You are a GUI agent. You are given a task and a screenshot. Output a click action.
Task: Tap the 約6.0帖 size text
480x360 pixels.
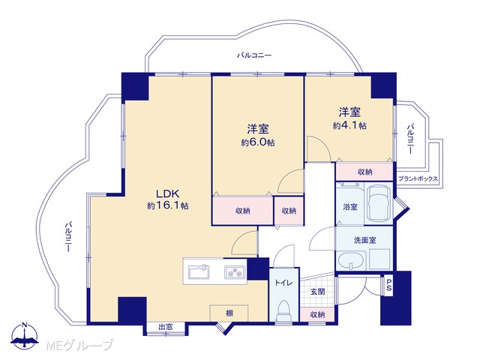258,142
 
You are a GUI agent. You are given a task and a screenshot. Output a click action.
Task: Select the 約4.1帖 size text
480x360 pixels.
349,125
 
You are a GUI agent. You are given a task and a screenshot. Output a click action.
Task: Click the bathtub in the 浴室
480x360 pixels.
379,203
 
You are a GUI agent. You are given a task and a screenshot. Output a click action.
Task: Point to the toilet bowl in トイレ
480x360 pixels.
283,310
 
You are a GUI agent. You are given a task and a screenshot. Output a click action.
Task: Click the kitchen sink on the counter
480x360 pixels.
199,271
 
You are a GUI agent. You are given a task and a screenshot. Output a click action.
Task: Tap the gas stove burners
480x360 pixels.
235,271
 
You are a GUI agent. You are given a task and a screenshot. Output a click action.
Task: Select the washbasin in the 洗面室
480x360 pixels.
351,261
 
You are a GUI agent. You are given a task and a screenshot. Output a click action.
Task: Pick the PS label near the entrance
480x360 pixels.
388,285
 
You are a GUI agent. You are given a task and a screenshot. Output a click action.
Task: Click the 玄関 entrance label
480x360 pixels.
318,292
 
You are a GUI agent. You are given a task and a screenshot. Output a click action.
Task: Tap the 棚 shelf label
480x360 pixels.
229,313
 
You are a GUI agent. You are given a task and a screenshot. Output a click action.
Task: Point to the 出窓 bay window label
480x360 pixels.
166,327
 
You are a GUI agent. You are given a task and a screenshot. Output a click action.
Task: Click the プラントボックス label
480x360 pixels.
418,179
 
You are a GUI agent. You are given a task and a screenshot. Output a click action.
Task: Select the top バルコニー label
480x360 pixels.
254,55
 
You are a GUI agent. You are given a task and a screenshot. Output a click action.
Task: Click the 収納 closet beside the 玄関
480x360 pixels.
317,314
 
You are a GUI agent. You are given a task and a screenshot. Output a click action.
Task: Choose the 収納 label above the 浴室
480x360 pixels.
365,172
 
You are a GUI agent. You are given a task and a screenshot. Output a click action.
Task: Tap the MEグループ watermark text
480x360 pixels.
79,345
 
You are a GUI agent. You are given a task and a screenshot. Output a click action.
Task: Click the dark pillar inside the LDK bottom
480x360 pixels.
132,310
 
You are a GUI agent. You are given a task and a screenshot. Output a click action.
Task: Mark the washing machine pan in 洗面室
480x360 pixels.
379,259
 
